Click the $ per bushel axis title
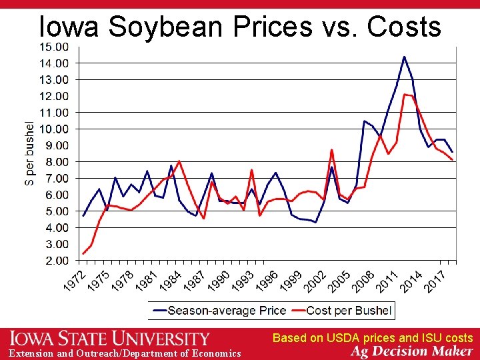(x=30, y=153)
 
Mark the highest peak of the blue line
(x=404, y=57)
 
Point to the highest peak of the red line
(x=405, y=94)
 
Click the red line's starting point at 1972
(x=83, y=253)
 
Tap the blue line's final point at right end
(x=453, y=151)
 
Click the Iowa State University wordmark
(x=110, y=339)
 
